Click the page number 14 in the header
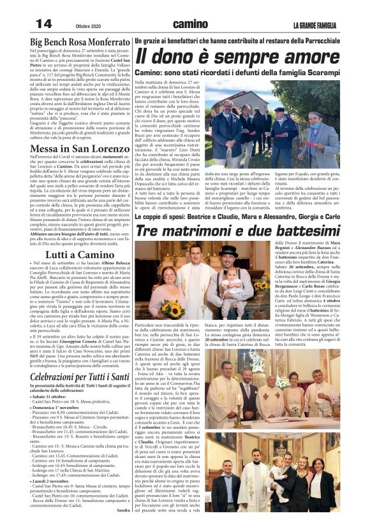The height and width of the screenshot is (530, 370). (x=43, y=23)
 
